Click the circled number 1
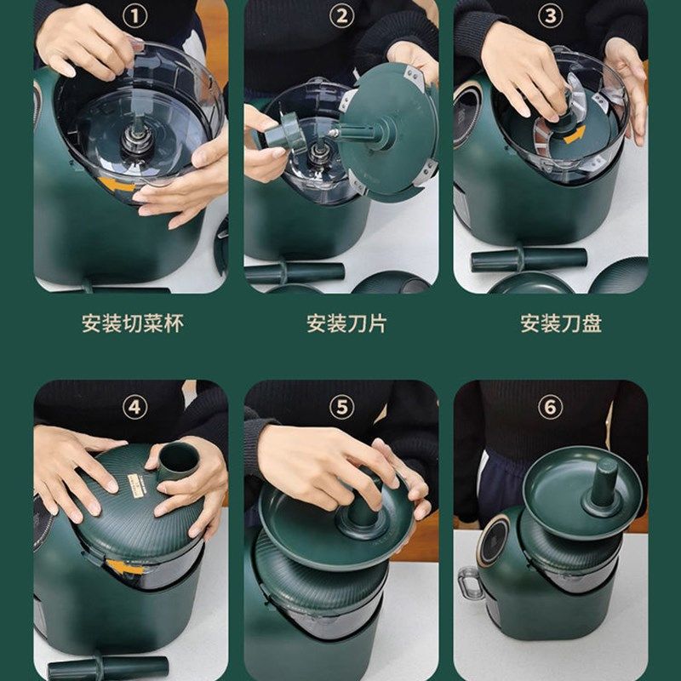coord(134,16)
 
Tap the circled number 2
coord(341,16)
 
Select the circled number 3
coord(550,16)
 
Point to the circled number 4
coord(134,408)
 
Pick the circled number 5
coord(341,408)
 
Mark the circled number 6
coord(550,408)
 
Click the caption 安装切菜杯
coord(133,323)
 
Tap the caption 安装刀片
coord(346,323)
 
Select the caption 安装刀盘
coord(561,323)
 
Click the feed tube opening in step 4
coord(179,458)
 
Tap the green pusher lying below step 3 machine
coord(529,260)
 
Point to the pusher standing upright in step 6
coord(604,483)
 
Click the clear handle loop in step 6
coord(469,583)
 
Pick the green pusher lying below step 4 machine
coord(108,667)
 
